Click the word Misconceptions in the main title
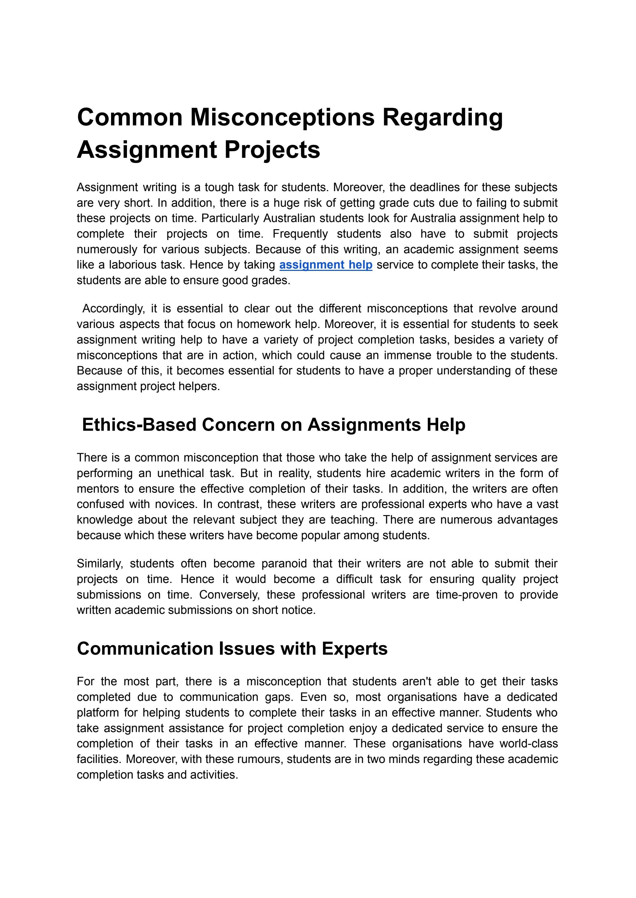[x=282, y=117]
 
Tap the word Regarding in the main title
[x=442, y=117]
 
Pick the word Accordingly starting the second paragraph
[x=113, y=308]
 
